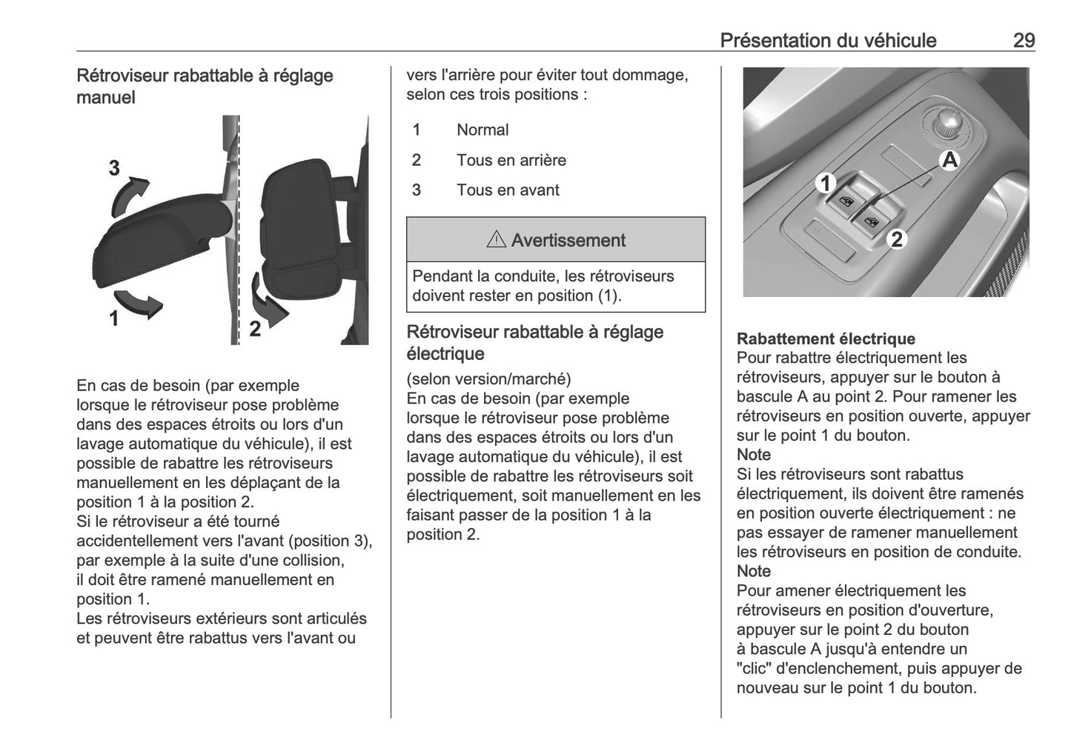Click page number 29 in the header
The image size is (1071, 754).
click(x=1024, y=40)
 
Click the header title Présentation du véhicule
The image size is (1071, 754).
click(x=828, y=40)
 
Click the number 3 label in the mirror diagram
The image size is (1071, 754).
click(x=114, y=169)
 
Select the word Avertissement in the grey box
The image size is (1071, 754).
click(x=568, y=240)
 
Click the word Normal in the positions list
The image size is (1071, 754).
click(x=483, y=130)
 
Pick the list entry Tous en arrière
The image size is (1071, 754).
click(x=511, y=160)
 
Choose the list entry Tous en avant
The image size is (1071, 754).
click(x=508, y=190)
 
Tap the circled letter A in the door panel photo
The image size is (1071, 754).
click(x=949, y=159)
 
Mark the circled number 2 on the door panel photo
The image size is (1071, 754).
click(x=896, y=239)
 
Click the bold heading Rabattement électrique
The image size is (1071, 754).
click(x=826, y=338)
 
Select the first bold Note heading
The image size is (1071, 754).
click(x=754, y=454)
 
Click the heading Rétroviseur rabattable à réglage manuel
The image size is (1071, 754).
click(x=205, y=86)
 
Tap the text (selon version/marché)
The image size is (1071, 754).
click(x=488, y=378)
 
